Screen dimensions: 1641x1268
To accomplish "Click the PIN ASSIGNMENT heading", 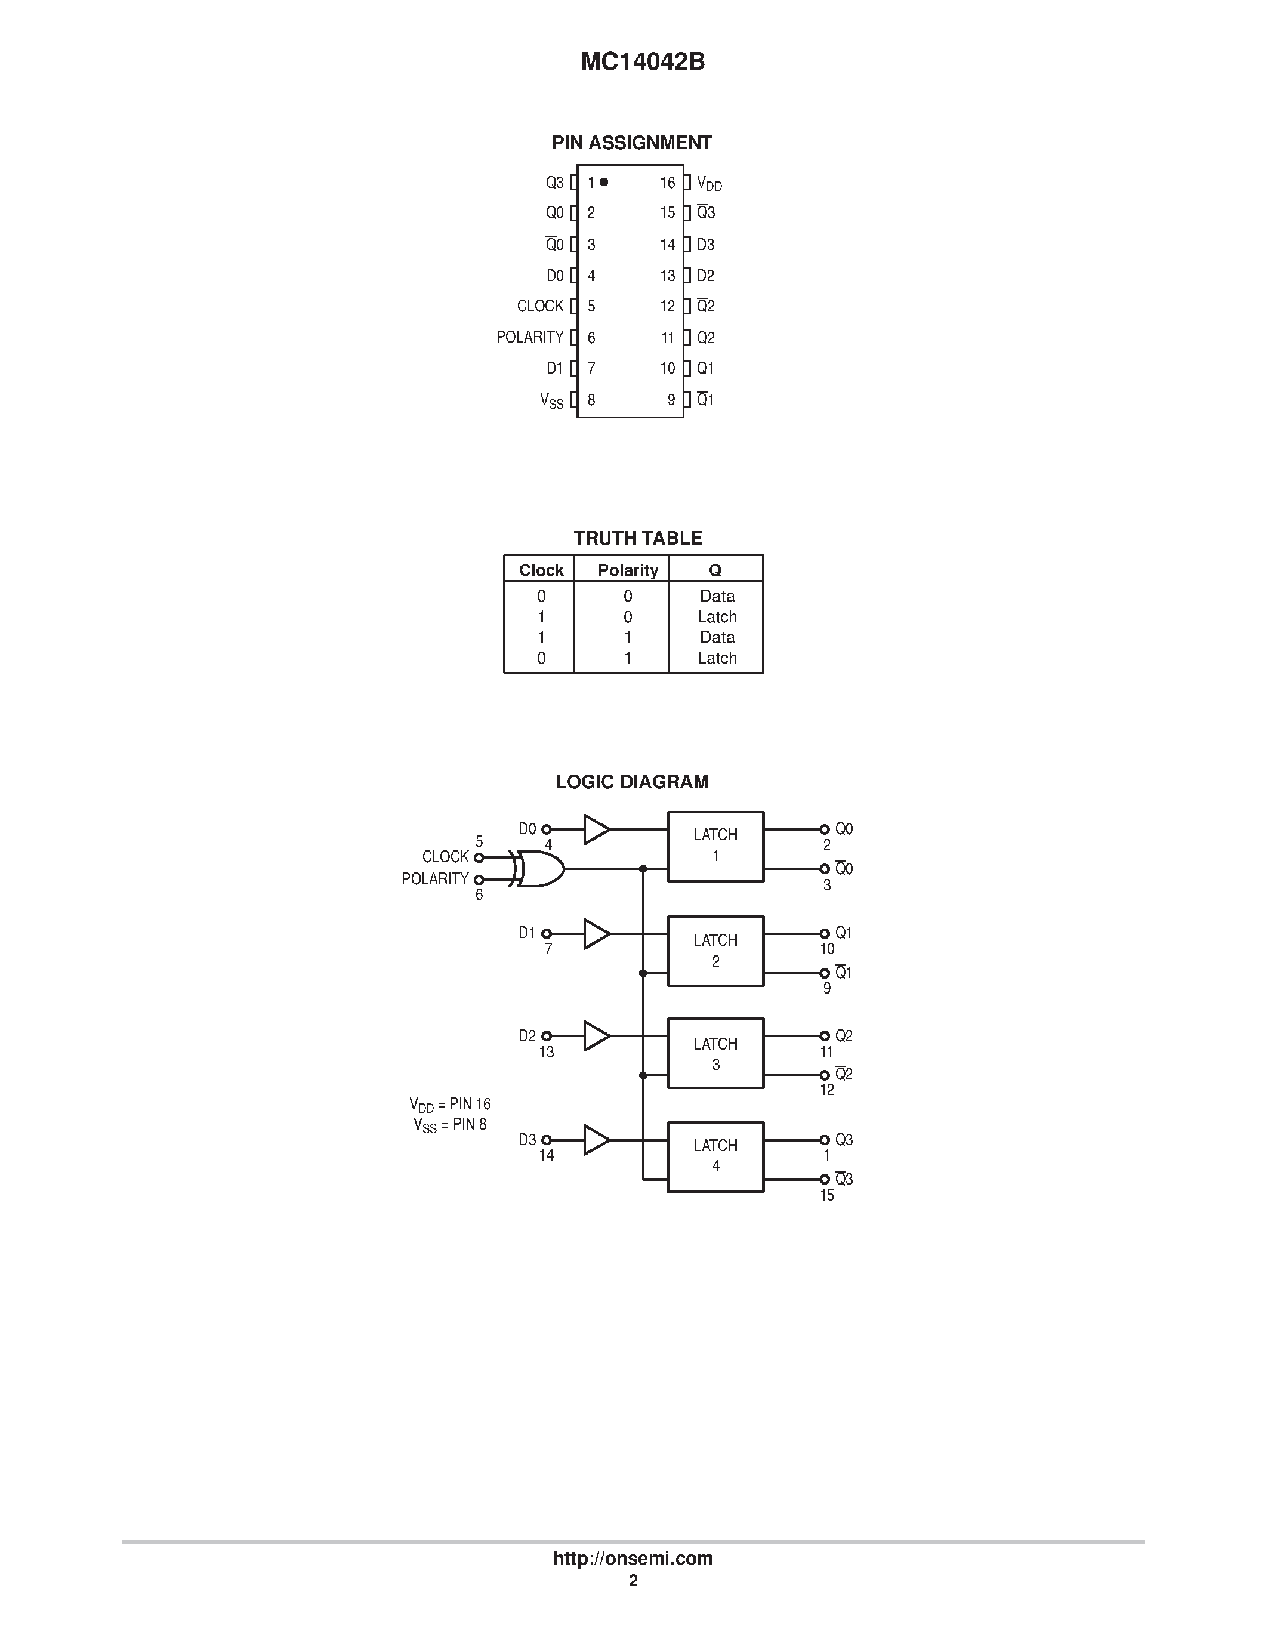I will tap(632, 143).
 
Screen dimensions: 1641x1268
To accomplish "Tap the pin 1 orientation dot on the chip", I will tap(604, 182).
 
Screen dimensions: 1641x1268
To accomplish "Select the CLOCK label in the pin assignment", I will tap(540, 306).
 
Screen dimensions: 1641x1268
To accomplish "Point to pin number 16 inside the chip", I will tap(668, 183).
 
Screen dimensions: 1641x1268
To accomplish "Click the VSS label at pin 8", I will tap(551, 400).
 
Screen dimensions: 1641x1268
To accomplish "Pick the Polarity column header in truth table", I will tap(627, 570).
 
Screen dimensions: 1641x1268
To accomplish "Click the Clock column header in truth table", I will tap(541, 570).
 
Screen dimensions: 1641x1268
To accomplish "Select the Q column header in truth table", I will tap(715, 570).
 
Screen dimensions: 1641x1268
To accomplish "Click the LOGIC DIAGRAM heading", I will tap(632, 782).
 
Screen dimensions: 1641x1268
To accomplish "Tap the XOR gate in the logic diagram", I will tap(539, 869).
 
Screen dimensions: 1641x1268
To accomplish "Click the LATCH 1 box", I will tap(715, 846).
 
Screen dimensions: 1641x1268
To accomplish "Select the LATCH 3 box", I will tap(715, 1053).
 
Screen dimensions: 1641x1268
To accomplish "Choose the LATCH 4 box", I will tap(715, 1156).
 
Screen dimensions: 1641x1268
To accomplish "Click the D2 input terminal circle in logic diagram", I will tap(547, 1036).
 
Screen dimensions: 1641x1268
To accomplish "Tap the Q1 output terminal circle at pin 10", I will tap(824, 933).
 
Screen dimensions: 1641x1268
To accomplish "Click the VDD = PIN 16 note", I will tap(450, 1104).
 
